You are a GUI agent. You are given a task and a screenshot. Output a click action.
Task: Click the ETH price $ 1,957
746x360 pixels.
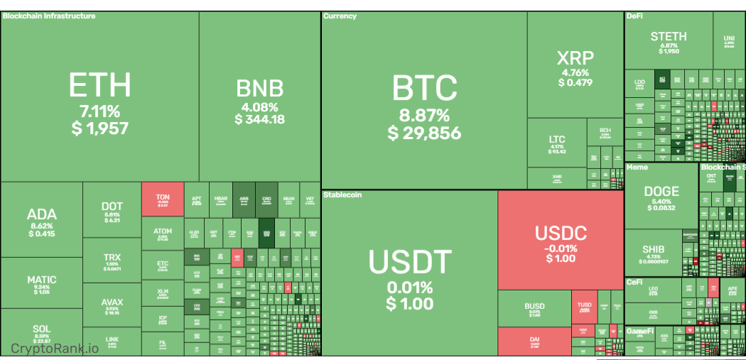click(100, 129)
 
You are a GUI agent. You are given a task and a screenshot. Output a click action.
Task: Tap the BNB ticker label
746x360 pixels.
click(259, 88)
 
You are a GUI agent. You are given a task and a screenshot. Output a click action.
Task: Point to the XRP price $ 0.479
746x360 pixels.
click(575, 82)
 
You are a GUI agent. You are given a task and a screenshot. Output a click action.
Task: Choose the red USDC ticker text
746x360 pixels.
click(561, 233)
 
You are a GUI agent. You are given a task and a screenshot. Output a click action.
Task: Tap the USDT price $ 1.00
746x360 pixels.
click(410, 304)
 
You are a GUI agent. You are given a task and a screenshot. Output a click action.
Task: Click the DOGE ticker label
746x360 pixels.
click(661, 192)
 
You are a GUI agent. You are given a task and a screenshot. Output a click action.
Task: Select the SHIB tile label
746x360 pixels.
click(653, 250)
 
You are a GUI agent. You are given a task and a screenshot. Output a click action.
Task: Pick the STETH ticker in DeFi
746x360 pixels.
click(669, 36)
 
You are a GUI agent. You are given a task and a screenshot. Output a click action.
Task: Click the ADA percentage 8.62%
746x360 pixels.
click(42, 226)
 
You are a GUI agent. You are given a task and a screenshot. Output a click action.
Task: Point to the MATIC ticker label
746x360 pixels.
click(42, 280)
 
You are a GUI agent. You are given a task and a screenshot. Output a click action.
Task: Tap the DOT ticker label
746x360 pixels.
click(112, 207)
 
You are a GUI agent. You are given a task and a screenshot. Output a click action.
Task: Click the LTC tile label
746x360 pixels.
click(557, 140)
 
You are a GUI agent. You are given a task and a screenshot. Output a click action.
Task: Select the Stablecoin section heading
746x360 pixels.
click(342, 194)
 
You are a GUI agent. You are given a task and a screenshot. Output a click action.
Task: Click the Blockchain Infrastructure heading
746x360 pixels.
click(49, 16)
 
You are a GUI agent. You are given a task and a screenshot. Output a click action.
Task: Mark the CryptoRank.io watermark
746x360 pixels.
click(55, 348)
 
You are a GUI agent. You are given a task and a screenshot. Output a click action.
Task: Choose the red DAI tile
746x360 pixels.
click(534, 342)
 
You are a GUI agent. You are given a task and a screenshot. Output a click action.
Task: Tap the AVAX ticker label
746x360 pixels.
click(112, 302)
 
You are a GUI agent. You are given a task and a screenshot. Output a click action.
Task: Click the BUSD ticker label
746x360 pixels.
click(534, 307)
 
